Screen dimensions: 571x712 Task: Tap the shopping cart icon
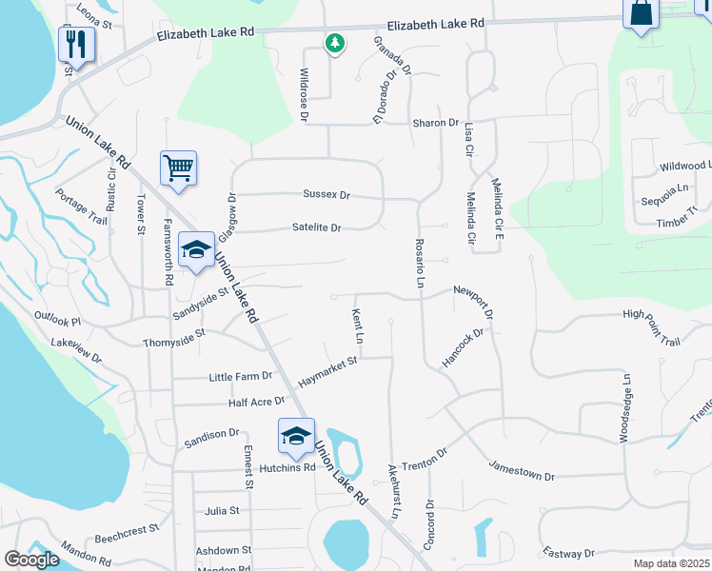[178, 168]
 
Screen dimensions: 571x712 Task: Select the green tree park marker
[334, 43]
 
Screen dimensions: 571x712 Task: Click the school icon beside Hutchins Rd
[296, 436]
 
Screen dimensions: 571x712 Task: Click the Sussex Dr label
[326, 194]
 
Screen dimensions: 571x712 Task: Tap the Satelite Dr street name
[317, 227]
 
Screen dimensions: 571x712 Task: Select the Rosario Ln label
[419, 263]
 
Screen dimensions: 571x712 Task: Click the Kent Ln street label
[359, 325]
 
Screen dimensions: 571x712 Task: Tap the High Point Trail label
[652, 327]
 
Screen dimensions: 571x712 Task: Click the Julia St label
[222, 511]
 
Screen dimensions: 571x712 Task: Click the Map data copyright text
[672, 563]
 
